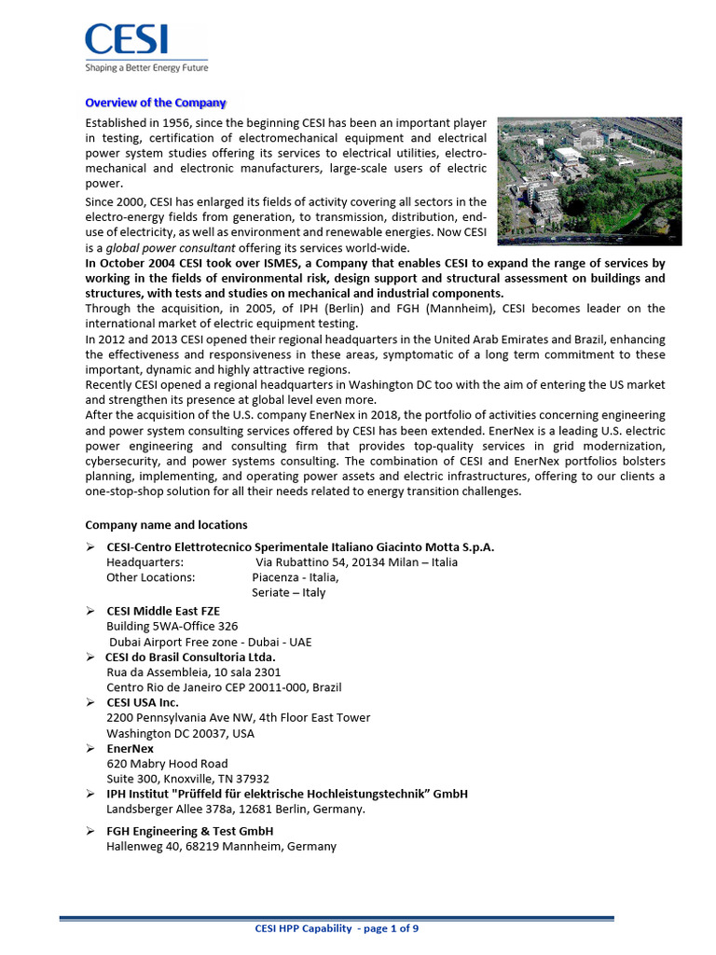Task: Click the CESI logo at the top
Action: coord(127,39)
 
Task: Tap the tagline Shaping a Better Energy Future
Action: coord(146,68)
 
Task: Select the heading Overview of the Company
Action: coord(156,103)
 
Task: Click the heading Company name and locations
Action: coord(166,525)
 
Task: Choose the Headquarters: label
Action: coord(145,562)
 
